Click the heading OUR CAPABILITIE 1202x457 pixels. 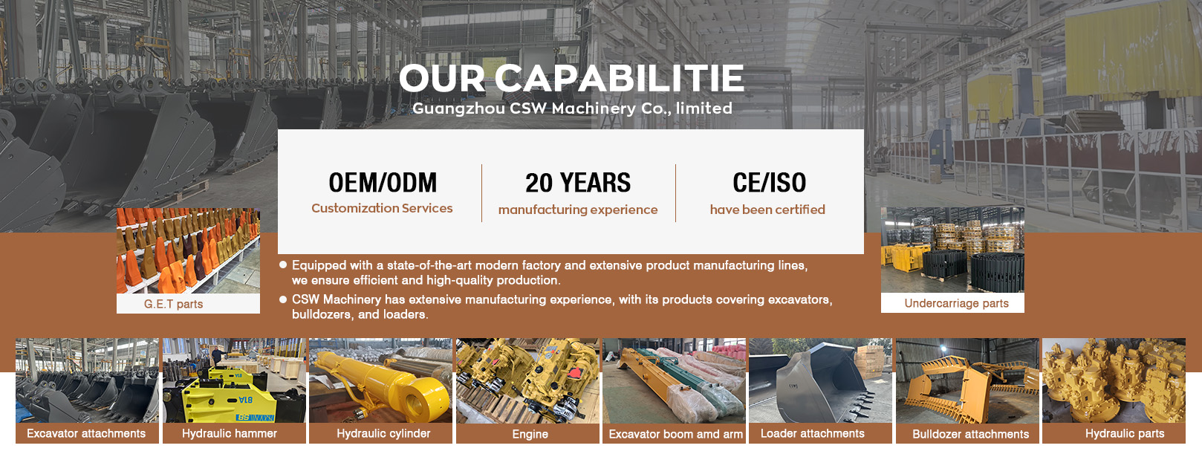coord(571,79)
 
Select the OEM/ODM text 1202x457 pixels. coord(383,183)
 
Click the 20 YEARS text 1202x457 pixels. coord(578,183)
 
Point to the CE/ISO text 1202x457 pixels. coord(769,183)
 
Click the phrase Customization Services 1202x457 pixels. coord(382,208)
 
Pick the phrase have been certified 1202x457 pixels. coord(767,210)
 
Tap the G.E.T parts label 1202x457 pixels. coord(173,304)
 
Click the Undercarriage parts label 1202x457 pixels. coord(956,303)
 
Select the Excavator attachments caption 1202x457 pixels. coord(86,433)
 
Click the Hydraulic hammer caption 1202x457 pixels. coord(229,433)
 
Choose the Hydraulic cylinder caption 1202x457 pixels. coord(383,433)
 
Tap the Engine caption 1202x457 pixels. coord(530,434)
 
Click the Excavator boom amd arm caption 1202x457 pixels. coord(675,434)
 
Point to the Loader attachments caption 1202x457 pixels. coord(813,433)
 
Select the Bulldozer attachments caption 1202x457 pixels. coord(971,434)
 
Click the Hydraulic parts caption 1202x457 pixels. coord(1125,433)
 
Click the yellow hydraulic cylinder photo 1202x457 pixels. coord(380,380)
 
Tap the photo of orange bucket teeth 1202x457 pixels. coord(189,250)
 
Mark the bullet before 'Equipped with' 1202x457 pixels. coord(283,265)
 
